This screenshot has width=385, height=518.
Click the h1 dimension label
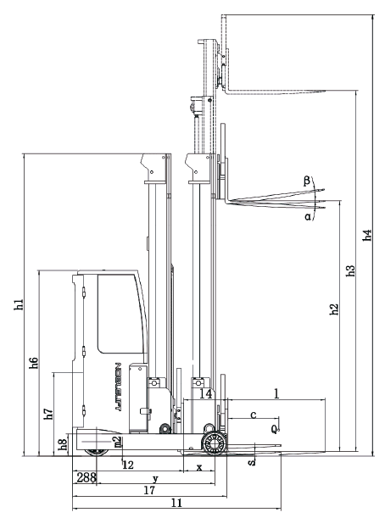(x=20, y=304)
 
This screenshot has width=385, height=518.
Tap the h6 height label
(x=34, y=364)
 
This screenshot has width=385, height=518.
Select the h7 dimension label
(x=49, y=414)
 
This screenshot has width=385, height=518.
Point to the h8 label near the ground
(x=63, y=444)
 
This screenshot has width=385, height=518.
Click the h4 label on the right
(x=367, y=235)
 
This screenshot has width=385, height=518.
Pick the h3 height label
(x=350, y=271)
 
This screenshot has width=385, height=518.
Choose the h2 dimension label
(x=334, y=309)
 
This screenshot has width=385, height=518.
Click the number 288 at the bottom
(x=86, y=477)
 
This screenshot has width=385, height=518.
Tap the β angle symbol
(x=307, y=181)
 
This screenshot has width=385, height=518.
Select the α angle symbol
(x=308, y=217)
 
